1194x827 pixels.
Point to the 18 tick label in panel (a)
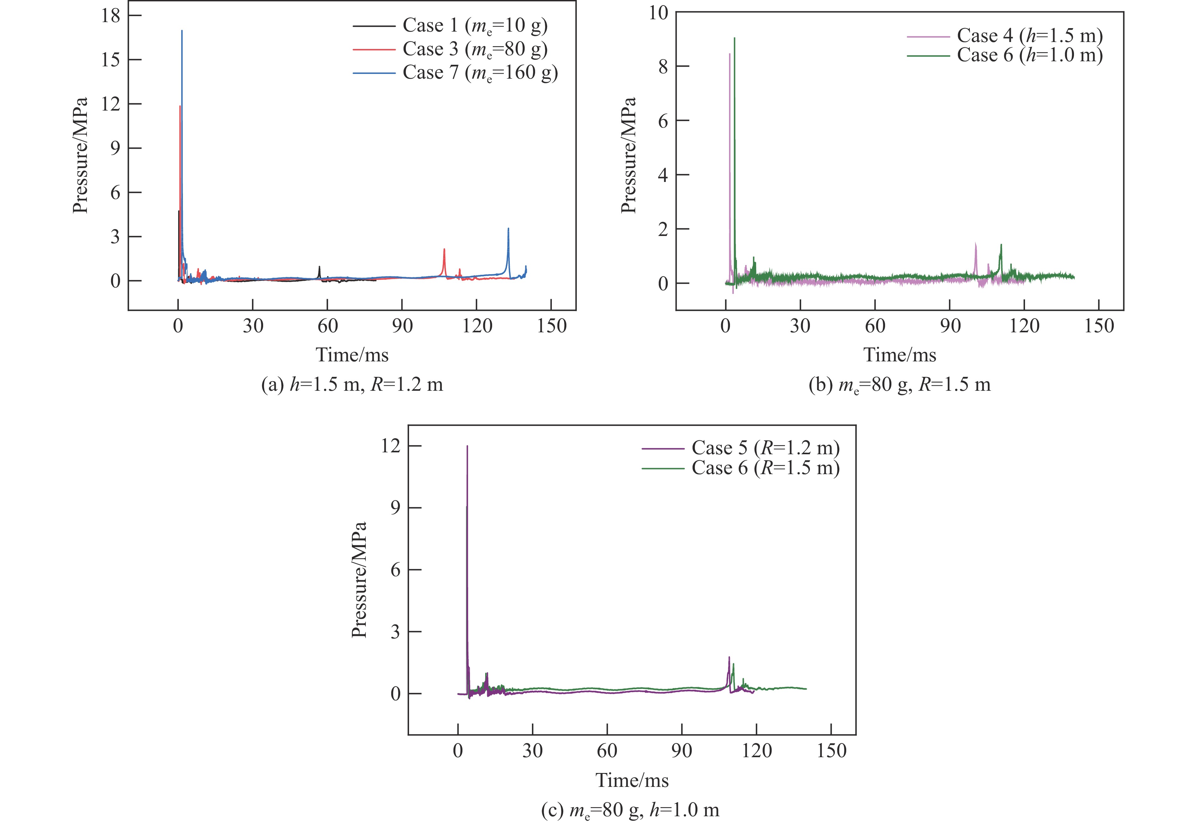coord(110,15)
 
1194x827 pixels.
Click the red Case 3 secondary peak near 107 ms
coord(444,250)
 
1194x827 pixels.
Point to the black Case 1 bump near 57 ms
coord(319,267)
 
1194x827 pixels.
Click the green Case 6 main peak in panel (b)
coord(734,38)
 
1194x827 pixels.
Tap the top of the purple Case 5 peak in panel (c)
coord(467,446)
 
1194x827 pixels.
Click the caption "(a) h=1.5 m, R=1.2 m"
coord(352,384)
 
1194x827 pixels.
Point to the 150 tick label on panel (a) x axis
coord(551,326)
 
